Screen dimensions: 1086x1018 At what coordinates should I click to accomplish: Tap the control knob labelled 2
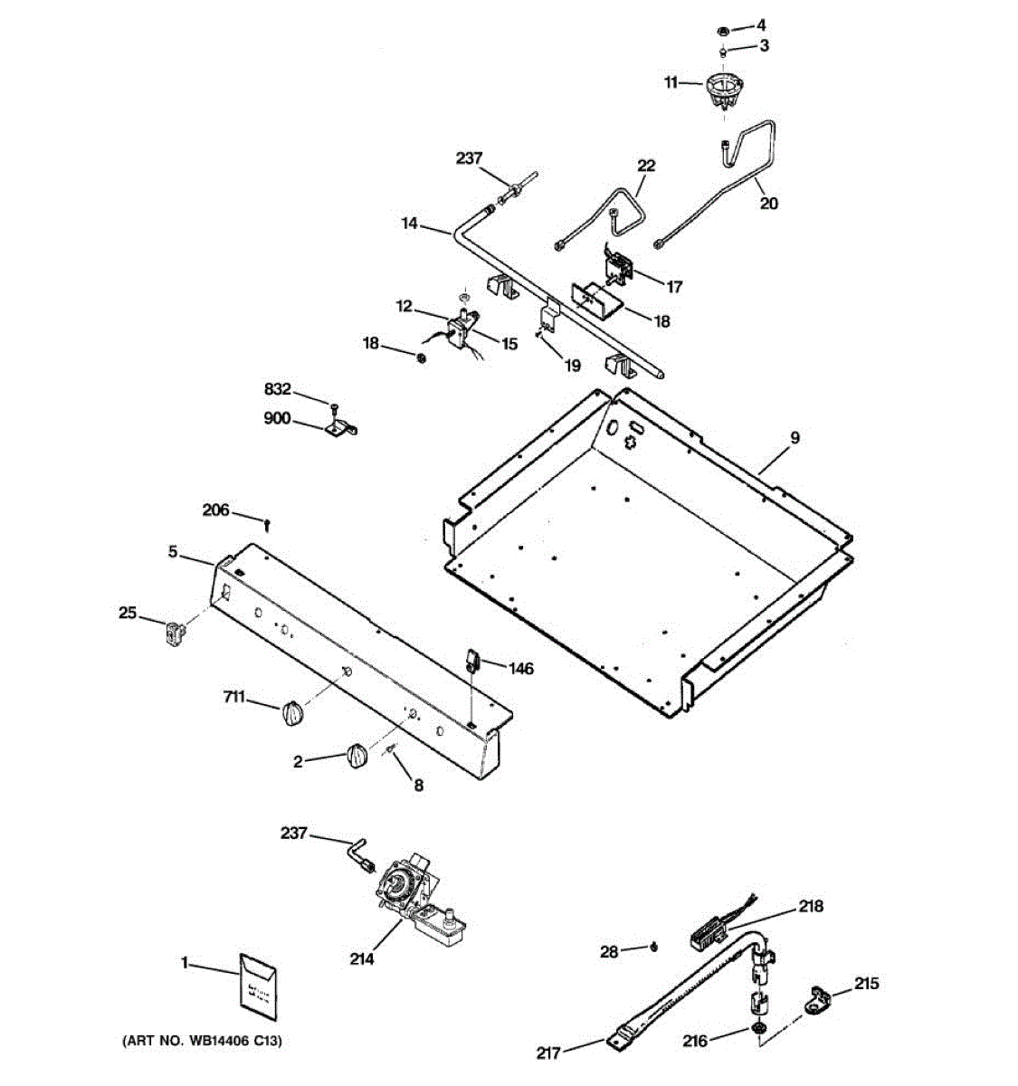(x=356, y=757)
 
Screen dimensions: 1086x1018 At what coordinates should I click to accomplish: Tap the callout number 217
(x=548, y=1053)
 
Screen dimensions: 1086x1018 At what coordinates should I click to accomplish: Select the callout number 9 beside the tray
(x=794, y=438)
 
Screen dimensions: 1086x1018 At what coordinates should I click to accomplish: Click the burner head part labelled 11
(x=721, y=90)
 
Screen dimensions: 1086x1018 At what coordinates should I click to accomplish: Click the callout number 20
(x=768, y=204)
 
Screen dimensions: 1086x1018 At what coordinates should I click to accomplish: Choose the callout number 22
(x=646, y=166)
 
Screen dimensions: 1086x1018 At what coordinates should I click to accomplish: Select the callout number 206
(x=215, y=510)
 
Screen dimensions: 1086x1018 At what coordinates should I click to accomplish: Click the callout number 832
(x=278, y=389)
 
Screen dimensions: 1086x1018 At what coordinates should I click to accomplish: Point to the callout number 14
(x=410, y=223)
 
